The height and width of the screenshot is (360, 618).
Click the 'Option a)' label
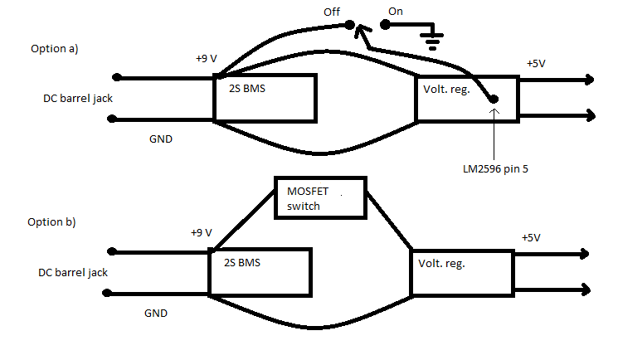click(54, 48)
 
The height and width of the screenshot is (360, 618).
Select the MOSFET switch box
click(319, 197)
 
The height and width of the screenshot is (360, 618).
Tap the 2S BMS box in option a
click(265, 99)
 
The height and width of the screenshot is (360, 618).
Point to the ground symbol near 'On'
click(431, 36)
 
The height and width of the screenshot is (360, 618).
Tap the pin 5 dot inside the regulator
click(494, 100)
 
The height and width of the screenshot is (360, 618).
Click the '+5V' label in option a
click(537, 64)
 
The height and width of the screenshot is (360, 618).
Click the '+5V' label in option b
click(531, 237)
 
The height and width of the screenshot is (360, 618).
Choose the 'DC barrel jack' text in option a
click(77, 98)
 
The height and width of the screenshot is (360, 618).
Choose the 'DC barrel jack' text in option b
click(73, 272)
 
